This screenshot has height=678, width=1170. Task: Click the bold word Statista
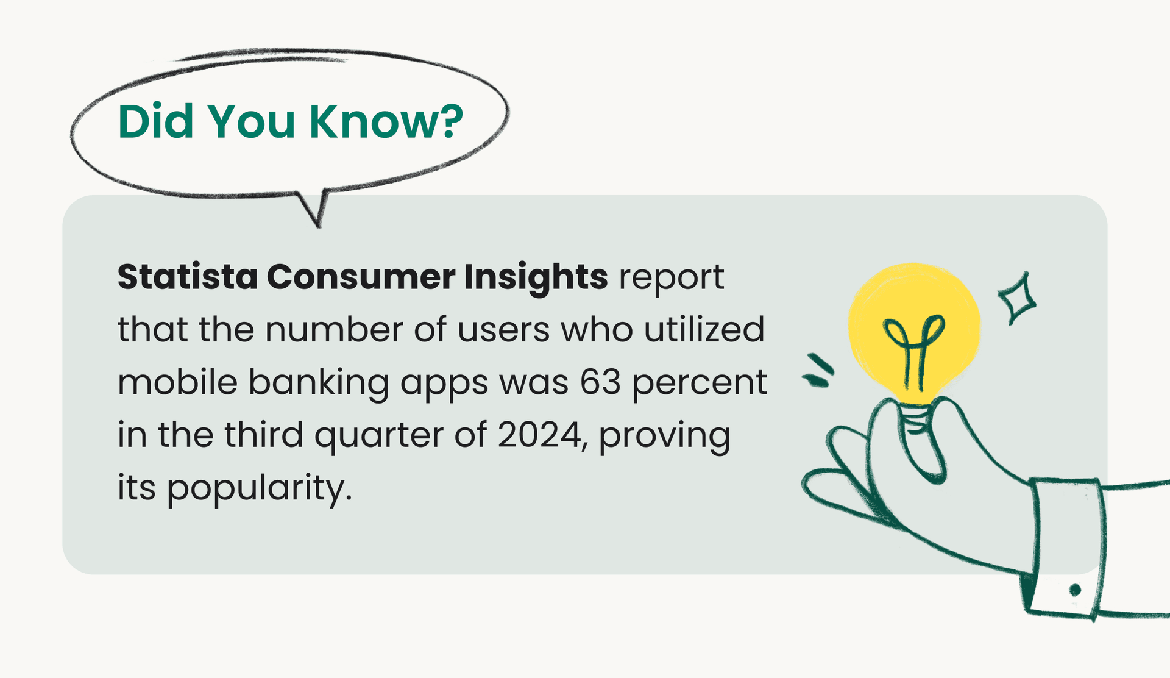(x=188, y=277)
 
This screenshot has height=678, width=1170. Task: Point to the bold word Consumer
(x=361, y=277)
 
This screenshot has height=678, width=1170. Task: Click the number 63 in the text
(x=600, y=383)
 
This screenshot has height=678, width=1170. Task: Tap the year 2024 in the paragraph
(x=539, y=435)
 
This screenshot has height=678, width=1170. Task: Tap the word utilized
(x=704, y=329)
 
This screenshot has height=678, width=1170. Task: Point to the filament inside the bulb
(x=914, y=351)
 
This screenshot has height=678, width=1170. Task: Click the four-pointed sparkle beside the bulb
(x=1016, y=298)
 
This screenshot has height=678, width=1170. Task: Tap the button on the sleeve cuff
(x=1075, y=590)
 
